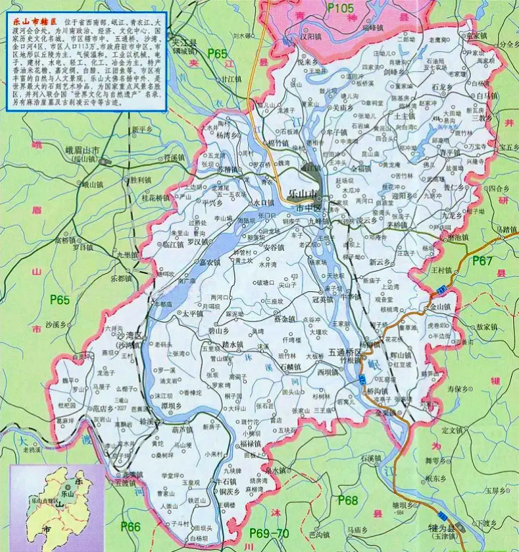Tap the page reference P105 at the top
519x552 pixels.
341,8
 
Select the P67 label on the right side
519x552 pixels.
482,262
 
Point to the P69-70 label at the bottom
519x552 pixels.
267,533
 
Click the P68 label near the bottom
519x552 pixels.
348,500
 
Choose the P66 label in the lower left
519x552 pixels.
130,528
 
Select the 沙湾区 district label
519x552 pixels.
131,336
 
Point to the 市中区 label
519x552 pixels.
310,207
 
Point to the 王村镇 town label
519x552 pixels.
443,270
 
